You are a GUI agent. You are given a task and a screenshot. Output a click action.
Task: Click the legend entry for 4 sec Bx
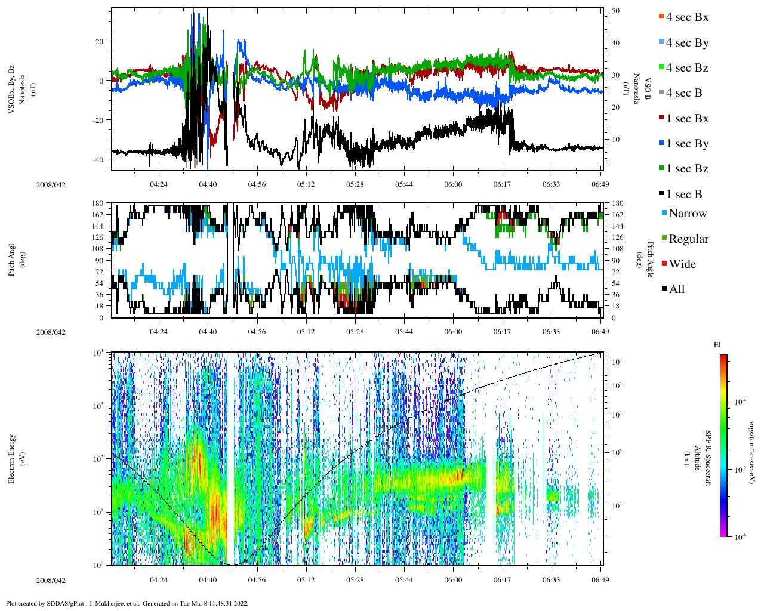click(686, 17)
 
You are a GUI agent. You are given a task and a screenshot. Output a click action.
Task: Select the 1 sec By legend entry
click(686, 144)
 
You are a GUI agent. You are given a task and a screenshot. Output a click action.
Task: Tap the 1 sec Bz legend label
click(687, 169)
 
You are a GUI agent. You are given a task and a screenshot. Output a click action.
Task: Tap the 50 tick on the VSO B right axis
click(615, 11)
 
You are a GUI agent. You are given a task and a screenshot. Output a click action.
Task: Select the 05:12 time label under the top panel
click(306, 184)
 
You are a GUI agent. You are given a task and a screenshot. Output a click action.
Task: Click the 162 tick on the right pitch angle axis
click(617, 215)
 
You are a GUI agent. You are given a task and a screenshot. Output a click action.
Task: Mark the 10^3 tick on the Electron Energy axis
click(98, 406)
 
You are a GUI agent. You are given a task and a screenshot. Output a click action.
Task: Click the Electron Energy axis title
click(12, 458)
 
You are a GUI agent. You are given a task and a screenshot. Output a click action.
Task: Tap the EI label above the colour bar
click(717, 345)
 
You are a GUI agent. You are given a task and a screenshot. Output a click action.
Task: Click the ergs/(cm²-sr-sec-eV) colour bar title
click(753, 446)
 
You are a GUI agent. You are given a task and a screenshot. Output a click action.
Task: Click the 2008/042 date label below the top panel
click(51, 184)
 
